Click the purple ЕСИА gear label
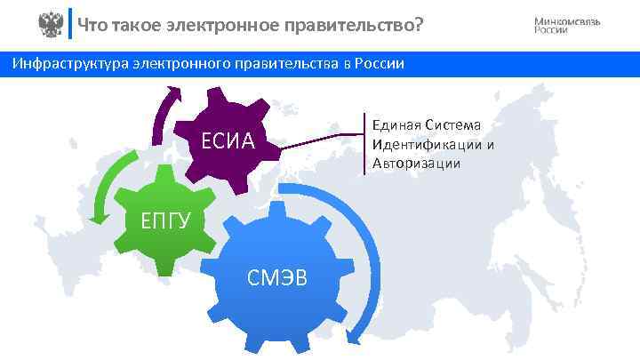[228, 141]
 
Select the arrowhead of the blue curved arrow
[356, 335]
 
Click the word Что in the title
[92, 25]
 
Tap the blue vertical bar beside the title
[70, 25]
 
